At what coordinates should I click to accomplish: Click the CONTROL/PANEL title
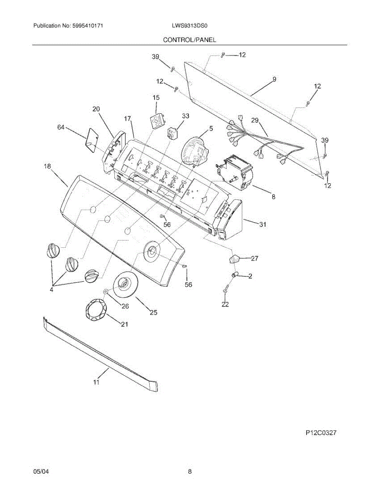click(x=189, y=40)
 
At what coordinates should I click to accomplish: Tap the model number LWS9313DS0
click(x=190, y=25)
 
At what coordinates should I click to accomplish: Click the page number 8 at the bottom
click(x=190, y=472)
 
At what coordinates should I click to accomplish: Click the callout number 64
click(x=61, y=128)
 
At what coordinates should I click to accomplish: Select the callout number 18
click(x=48, y=166)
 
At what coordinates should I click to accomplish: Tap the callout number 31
click(x=262, y=224)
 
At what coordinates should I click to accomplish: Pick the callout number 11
click(x=96, y=382)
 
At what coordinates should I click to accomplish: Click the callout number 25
click(x=153, y=313)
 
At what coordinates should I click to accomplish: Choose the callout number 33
click(x=185, y=116)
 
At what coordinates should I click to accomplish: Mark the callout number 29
click(x=255, y=120)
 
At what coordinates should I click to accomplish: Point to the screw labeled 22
click(x=225, y=290)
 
